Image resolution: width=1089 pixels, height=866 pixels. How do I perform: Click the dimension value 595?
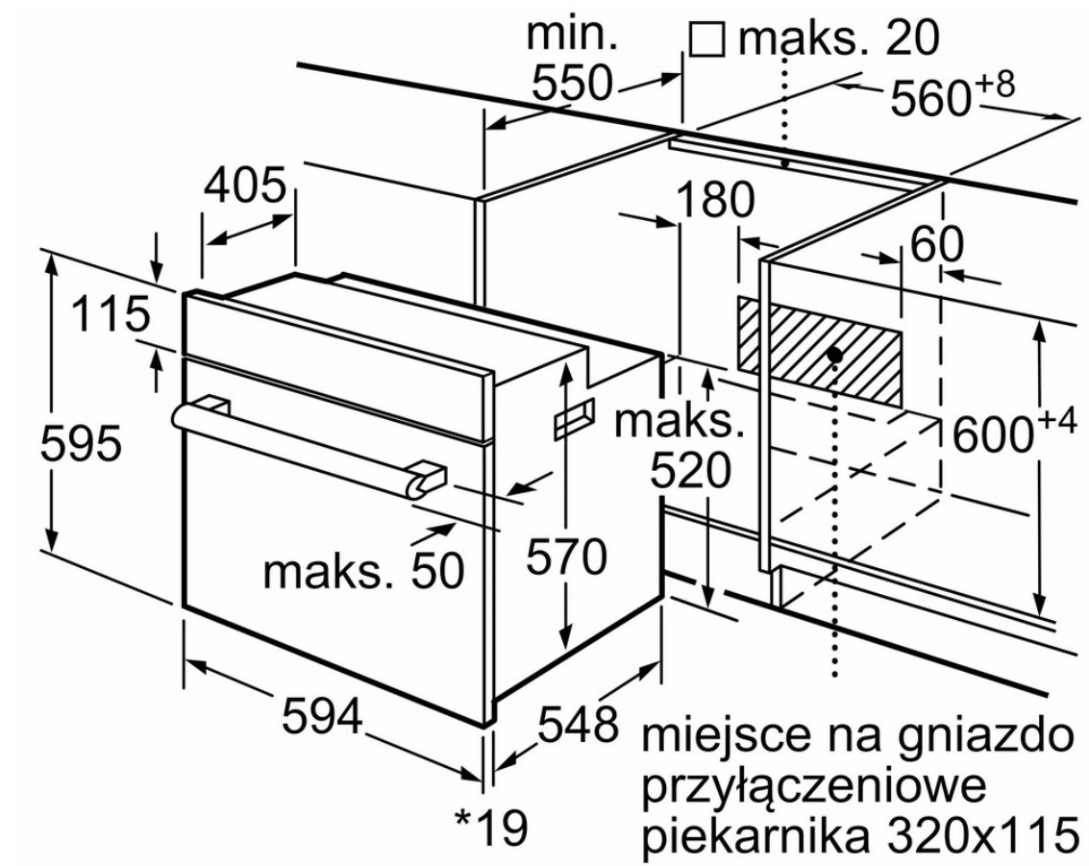coord(85,446)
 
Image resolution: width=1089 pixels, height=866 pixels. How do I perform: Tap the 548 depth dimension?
coord(577,723)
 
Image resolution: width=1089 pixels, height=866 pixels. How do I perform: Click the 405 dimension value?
coord(245,185)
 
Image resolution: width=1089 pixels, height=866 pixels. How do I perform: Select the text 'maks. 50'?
coord(363,572)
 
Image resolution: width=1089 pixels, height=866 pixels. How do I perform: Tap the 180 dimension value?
coord(715,202)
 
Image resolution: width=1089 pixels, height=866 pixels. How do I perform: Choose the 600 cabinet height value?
coord(997,434)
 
